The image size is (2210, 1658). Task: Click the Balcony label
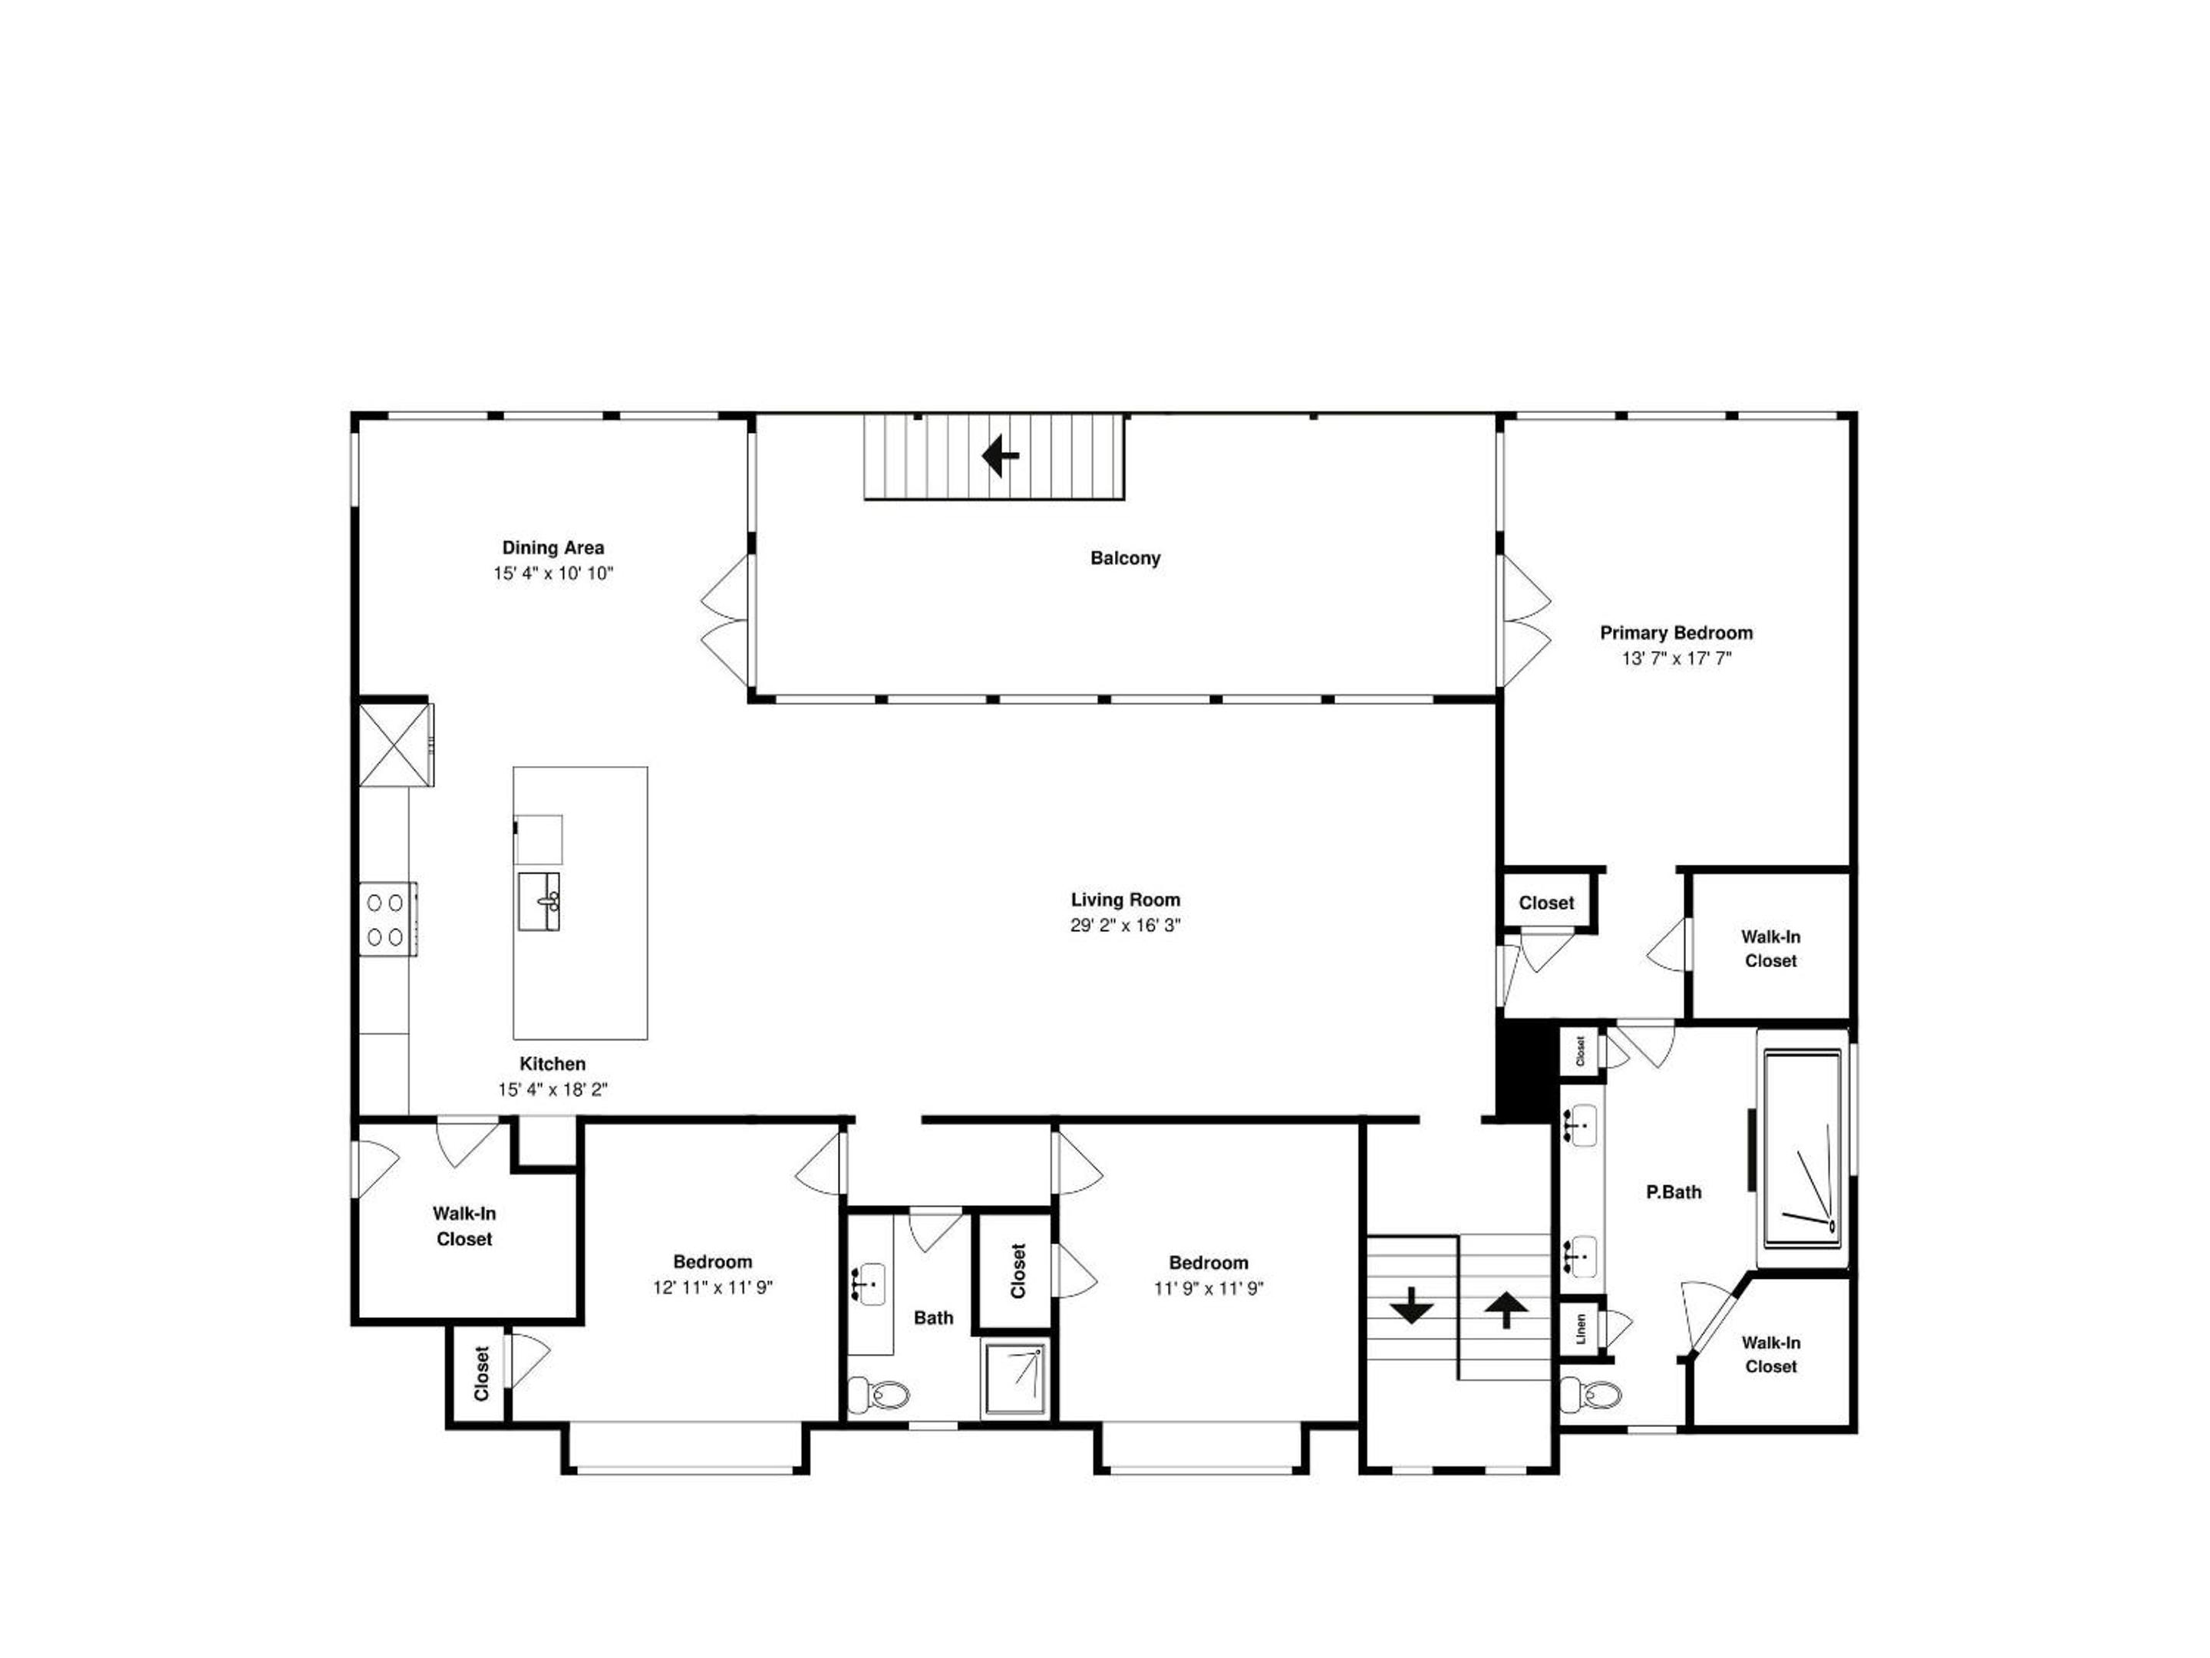[1125, 558]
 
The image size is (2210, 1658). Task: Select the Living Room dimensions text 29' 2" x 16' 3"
[1125, 926]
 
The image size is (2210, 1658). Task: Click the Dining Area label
[552, 547]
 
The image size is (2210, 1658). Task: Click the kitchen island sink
[539, 901]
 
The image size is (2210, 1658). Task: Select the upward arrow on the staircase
[1506, 1310]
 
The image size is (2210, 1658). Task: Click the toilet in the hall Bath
[878, 1393]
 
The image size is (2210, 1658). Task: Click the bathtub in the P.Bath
[1803, 1148]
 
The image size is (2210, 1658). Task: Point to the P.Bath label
[1674, 1191]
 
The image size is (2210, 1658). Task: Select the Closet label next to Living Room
[1545, 903]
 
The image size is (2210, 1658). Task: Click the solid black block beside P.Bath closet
[1526, 1068]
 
